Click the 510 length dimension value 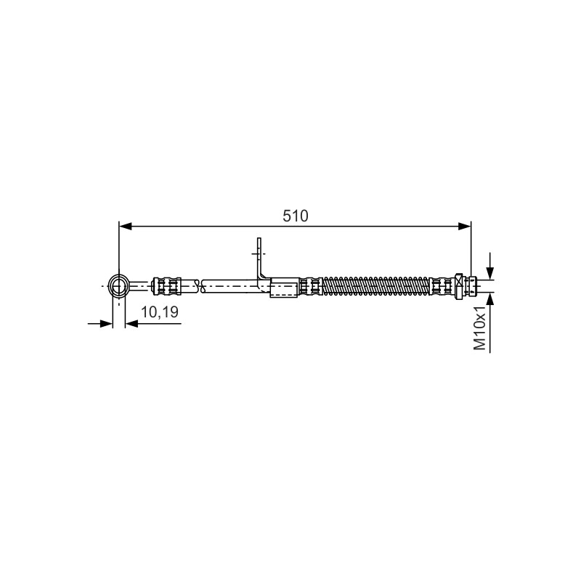296,216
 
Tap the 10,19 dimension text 159,312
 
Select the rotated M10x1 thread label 480,328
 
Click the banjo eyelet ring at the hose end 118,285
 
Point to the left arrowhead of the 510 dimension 126,227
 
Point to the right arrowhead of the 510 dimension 464,227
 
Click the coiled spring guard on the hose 376,286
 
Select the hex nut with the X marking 460,286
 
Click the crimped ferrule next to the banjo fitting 167,286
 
